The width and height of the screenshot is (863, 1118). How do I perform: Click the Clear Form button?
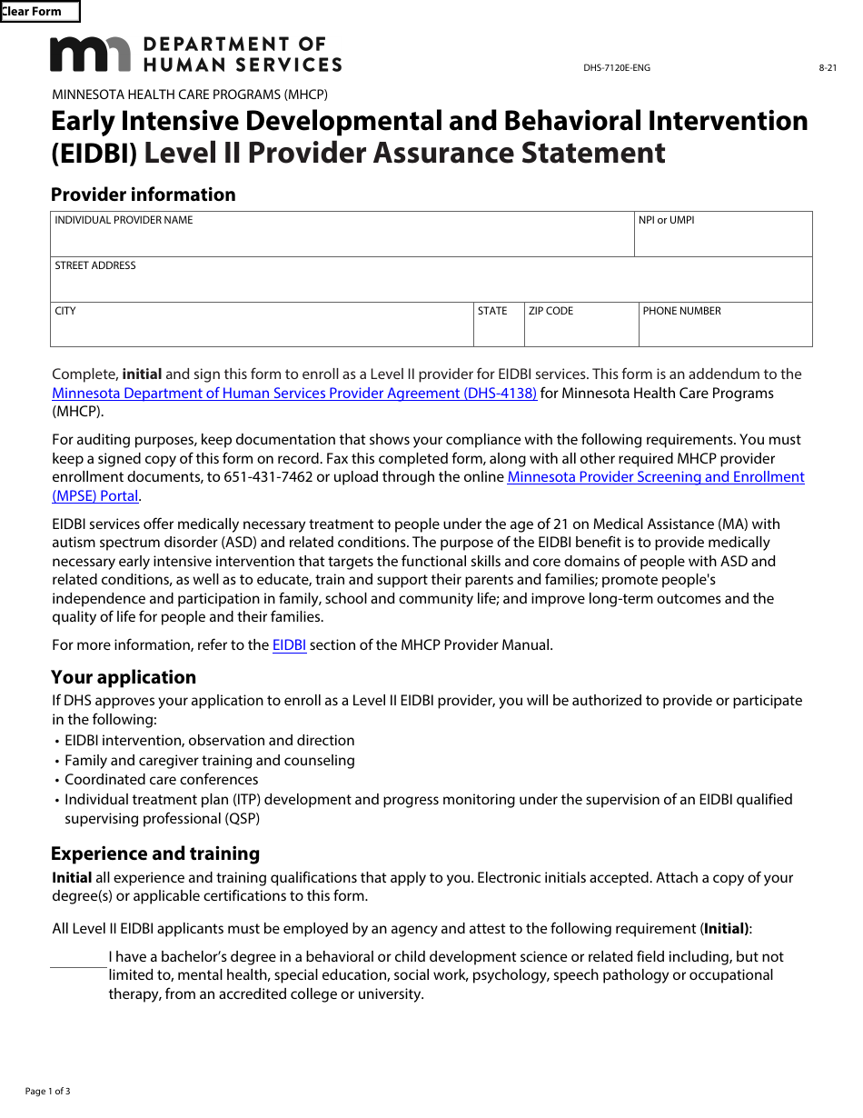tap(39, 12)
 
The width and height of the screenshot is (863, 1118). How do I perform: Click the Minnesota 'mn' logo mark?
tap(90, 55)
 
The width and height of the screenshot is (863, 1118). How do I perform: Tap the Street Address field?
tap(431, 284)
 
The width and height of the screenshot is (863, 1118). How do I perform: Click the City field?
tap(262, 329)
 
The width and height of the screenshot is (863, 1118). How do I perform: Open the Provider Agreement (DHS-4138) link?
tap(294, 394)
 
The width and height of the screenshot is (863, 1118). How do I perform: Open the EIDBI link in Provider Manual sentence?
tap(289, 645)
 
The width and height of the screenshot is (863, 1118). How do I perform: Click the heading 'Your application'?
tap(124, 677)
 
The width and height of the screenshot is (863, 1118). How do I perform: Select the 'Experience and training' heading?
tap(155, 853)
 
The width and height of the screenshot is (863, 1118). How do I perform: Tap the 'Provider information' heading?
tap(143, 195)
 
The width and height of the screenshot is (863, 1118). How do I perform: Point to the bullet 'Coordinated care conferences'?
tap(161, 780)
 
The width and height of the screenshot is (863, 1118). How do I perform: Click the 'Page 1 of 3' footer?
tap(47, 1091)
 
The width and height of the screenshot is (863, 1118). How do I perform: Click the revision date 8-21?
tap(828, 68)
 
